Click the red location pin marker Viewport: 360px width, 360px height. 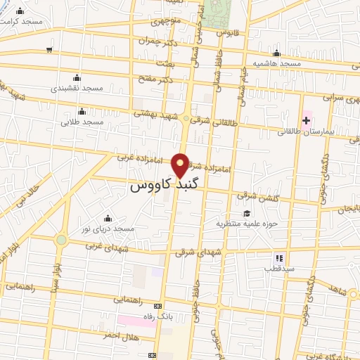(x=181, y=164)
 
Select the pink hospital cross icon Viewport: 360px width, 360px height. (x=306, y=120)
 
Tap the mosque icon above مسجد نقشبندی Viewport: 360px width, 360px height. (x=77, y=78)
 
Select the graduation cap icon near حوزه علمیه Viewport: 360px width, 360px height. (x=246, y=214)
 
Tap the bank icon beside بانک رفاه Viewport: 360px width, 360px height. (x=157, y=306)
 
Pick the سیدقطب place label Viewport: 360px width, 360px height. (x=278, y=269)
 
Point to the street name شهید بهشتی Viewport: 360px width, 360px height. (x=159, y=113)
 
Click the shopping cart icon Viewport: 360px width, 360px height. (x=49, y=49)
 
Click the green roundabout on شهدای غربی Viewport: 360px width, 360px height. (x=61, y=240)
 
